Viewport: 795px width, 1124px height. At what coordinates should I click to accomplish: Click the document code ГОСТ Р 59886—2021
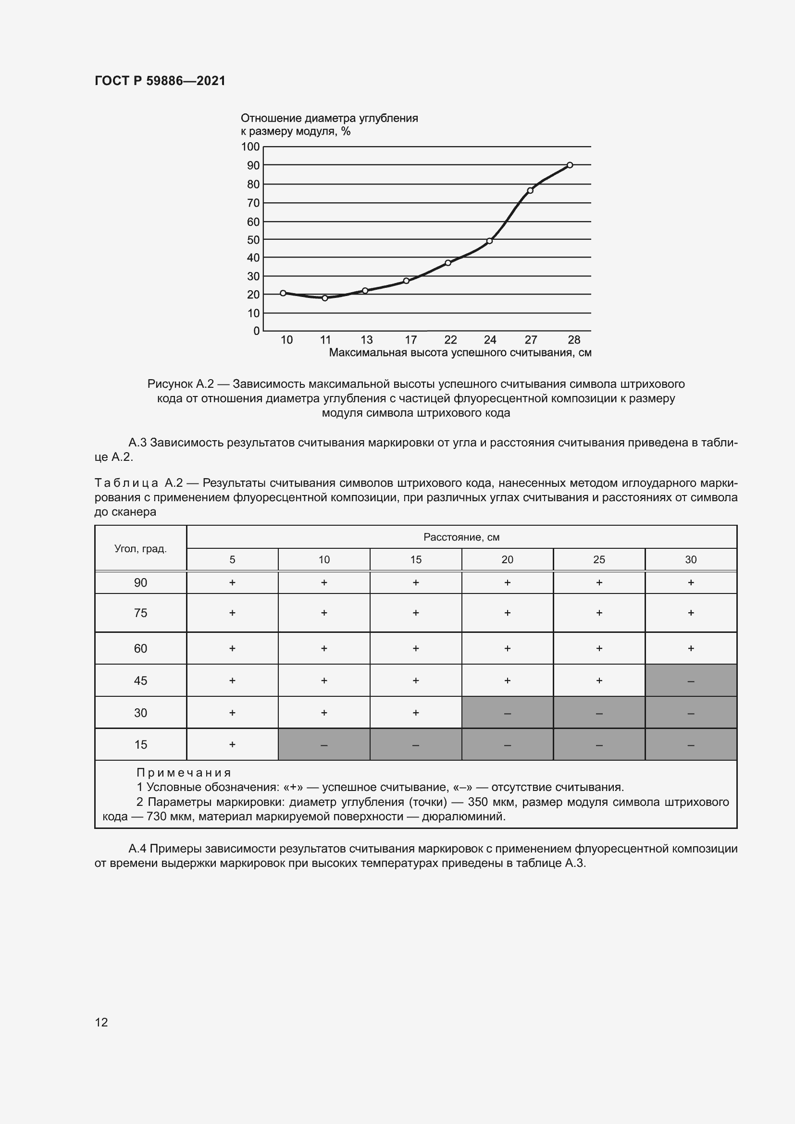pos(160,81)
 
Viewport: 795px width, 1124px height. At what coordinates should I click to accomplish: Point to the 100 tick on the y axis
pos(250,147)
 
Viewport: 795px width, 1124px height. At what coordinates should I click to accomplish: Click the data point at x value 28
pos(570,165)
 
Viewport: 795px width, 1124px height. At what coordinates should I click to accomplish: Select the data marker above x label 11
pos(325,297)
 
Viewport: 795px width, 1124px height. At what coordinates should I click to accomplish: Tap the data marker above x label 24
pos(489,241)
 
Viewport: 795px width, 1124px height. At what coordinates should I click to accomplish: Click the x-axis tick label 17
pos(410,340)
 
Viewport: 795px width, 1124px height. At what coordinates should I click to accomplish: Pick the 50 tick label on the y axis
pos(253,240)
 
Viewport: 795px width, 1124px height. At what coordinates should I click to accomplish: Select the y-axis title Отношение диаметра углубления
pos(329,119)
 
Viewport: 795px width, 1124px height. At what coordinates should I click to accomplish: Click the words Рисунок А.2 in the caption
pos(180,384)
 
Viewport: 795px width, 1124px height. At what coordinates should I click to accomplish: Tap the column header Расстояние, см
pos(461,537)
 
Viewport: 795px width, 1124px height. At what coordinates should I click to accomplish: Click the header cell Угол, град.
pos(140,548)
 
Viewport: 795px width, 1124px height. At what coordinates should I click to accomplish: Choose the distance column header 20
pos(507,559)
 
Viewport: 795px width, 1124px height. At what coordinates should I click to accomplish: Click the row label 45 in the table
pos(140,680)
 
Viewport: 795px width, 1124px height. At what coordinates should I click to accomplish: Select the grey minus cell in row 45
pos(691,680)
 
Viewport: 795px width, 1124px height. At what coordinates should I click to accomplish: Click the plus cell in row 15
pos(232,744)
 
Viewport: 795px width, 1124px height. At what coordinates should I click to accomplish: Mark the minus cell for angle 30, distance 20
pos(507,713)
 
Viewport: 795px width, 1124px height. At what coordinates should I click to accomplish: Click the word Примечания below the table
pos(184,773)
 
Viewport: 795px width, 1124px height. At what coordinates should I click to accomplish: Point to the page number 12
pos(101,1022)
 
